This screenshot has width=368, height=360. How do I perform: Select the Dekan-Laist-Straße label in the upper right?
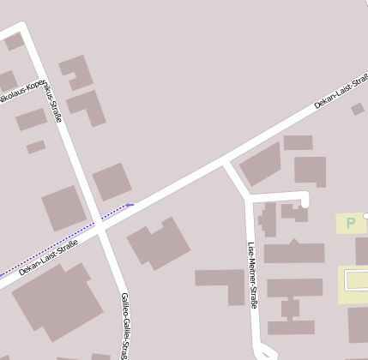341,93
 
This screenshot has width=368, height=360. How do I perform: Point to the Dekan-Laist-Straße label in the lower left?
48,257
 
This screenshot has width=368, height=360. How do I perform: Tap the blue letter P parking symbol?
350,224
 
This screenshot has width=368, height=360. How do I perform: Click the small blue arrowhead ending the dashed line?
130,205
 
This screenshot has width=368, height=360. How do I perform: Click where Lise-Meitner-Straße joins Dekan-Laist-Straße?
227,162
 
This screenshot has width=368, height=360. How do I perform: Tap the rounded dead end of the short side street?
304,200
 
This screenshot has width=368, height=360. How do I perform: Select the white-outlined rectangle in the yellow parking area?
356,279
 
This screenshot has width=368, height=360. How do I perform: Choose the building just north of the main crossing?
112,182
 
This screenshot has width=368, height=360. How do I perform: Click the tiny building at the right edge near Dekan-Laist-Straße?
357,109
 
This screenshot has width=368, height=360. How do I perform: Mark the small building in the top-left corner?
14,41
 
